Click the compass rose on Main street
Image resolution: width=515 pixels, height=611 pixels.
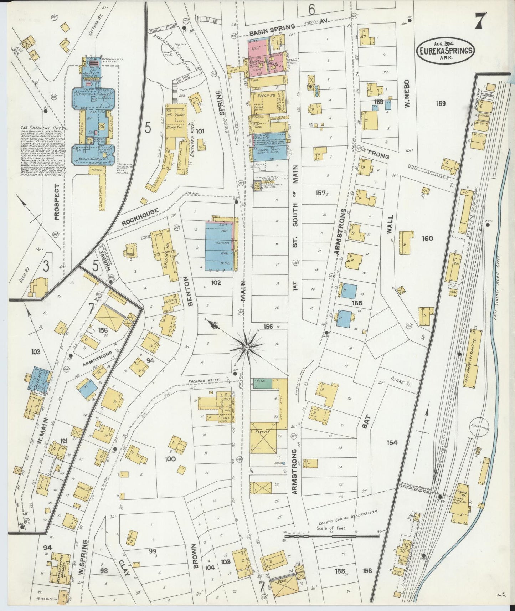point(246,346)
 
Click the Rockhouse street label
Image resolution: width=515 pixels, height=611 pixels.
point(140,216)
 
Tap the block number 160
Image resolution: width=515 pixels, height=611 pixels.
point(427,238)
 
